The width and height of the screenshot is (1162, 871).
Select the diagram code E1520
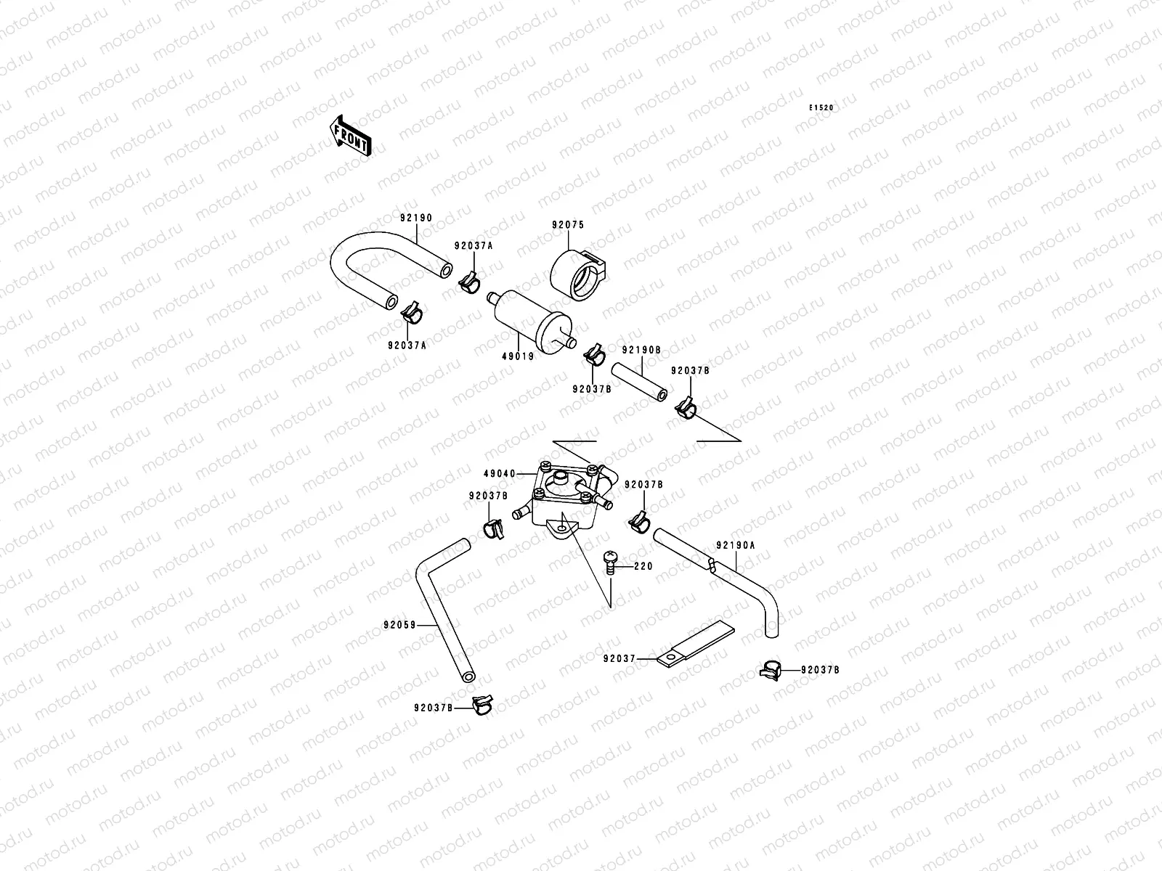click(x=822, y=108)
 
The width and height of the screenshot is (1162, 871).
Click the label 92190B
click(x=641, y=349)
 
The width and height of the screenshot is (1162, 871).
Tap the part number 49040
click(x=499, y=474)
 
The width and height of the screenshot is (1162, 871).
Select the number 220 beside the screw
click(x=643, y=566)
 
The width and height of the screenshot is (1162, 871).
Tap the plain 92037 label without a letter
click(x=619, y=659)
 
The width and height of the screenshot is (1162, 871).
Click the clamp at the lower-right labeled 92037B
click(x=771, y=670)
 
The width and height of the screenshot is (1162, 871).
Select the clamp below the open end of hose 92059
click(x=482, y=703)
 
